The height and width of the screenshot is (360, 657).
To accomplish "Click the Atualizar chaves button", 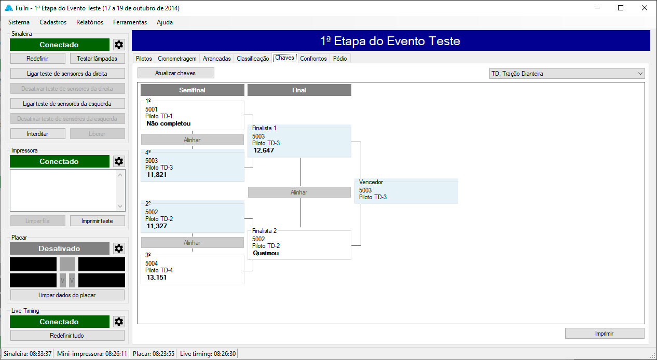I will click(175, 73).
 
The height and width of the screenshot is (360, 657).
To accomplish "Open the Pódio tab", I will click(340, 59).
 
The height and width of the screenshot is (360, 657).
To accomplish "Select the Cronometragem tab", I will click(177, 59).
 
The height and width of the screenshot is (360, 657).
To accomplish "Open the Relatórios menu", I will click(90, 22).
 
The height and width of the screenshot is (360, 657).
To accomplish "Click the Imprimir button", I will click(604, 334).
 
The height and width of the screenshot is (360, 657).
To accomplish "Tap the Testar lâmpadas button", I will click(97, 59).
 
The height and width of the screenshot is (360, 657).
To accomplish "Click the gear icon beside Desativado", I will click(119, 248).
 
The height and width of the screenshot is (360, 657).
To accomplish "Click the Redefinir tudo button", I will click(67, 336).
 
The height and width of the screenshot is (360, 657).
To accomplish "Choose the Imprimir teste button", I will click(97, 221).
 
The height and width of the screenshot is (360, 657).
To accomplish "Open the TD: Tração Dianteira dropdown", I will click(567, 74).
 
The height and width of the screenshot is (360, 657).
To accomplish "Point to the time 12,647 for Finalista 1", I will click(264, 150).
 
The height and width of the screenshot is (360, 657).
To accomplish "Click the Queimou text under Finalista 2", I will click(266, 253).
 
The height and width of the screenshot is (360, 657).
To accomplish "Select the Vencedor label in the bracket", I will click(371, 182).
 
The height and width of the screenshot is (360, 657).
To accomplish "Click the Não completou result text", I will click(169, 123).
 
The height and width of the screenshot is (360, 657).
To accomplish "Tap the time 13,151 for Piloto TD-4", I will click(157, 278).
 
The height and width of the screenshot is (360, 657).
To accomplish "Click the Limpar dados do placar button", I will click(67, 295).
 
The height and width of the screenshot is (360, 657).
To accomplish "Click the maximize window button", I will click(621, 8).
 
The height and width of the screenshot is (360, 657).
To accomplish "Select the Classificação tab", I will click(253, 59).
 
